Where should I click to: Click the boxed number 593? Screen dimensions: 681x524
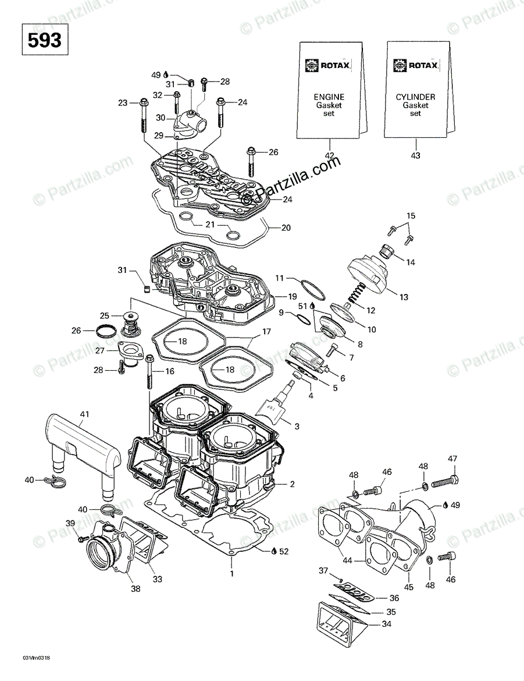click(x=43, y=40)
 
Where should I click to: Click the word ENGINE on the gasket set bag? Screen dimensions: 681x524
click(x=329, y=97)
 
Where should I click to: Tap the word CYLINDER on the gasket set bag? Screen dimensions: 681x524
click(x=415, y=97)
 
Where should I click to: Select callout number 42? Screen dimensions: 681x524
click(x=330, y=155)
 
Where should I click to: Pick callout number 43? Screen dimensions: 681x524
click(x=415, y=155)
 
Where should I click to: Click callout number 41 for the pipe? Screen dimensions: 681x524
click(x=85, y=414)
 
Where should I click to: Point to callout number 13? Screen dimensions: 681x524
click(x=404, y=297)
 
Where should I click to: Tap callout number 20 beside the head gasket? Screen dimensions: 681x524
click(x=286, y=228)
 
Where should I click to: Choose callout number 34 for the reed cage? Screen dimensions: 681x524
click(x=386, y=624)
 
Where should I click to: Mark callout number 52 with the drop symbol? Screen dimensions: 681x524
click(x=283, y=550)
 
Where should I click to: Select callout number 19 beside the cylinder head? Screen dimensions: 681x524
click(x=293, y=296)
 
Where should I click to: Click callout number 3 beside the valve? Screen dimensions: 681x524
click(x=297, y=427)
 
